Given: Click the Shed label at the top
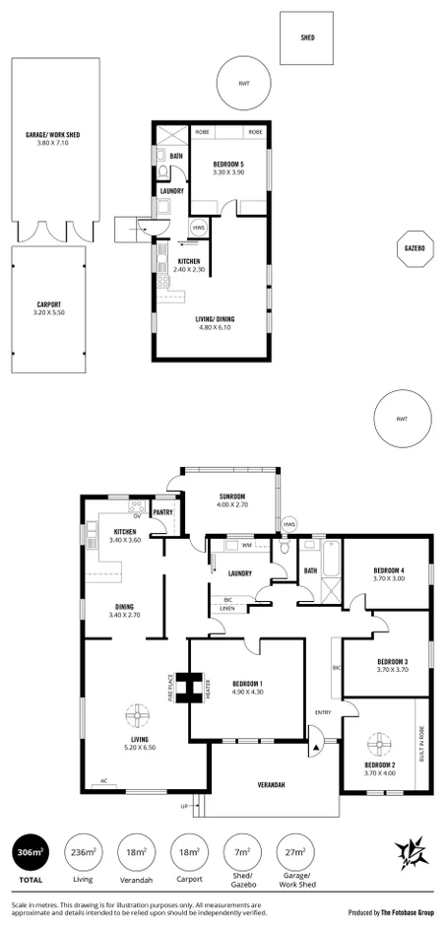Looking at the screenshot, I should coord(308,37).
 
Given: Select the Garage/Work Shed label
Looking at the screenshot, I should coord(47,138).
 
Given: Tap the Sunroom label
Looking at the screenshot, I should coord(230,498).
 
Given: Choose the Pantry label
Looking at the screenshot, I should coord(163,512).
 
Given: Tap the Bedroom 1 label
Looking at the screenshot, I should coord(247,687).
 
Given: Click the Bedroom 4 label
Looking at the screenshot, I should coord(389,574).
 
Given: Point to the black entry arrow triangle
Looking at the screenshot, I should coord(315,749).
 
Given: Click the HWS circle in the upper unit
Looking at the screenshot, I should coord(199,229).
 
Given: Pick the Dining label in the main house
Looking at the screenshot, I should coord(123,611).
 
